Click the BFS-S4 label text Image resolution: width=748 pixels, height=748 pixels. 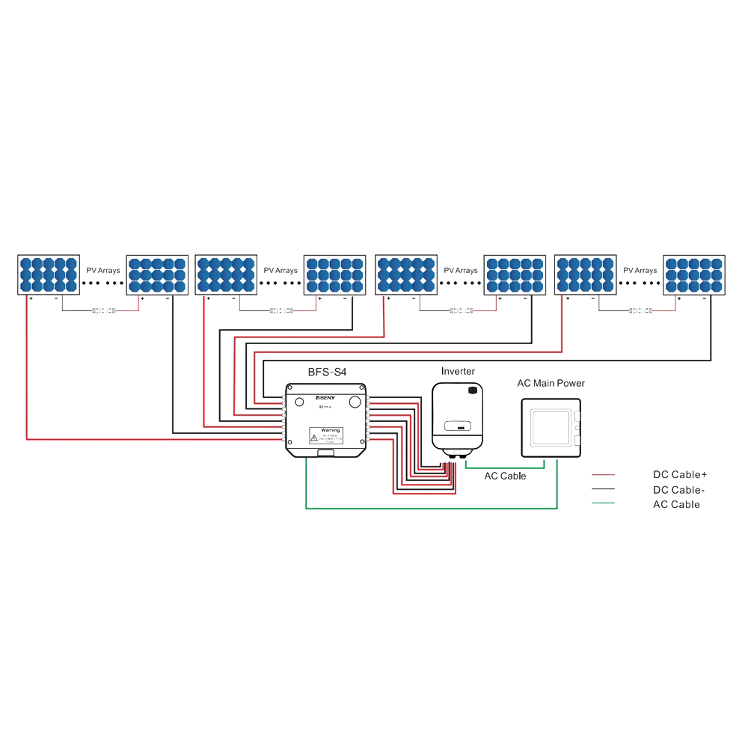click(x=328, y=371)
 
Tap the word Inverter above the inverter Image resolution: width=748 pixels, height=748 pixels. click(x=458, y=371)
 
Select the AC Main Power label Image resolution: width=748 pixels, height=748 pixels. click(x=551, y=383)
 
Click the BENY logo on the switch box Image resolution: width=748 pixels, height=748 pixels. click(x=327, y=398)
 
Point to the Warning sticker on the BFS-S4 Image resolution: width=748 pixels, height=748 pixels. click(x=325, y=435)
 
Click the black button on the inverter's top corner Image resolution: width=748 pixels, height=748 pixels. click(x=472, y=390)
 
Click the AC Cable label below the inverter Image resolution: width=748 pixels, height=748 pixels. click(x=505, y=476)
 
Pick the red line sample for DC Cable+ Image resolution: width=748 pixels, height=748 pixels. click(x=602, y=475)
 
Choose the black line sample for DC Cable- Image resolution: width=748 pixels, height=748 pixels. click(x=602, y=489)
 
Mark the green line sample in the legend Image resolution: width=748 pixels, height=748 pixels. click(x=602, y=503)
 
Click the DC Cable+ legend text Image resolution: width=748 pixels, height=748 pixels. click(x=679, y=475)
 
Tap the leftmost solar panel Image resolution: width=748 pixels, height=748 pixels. click(x=49, y=275)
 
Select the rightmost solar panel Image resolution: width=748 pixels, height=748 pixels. click(x=695, y=275)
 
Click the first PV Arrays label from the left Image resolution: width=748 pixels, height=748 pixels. click(x=102, y=270)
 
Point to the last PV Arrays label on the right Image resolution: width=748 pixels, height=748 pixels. click(x=640, y=270)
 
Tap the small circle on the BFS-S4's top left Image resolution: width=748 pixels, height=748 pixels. click(x=300, y=402)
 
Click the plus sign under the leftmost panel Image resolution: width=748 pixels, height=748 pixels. click(x=31, y=298)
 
